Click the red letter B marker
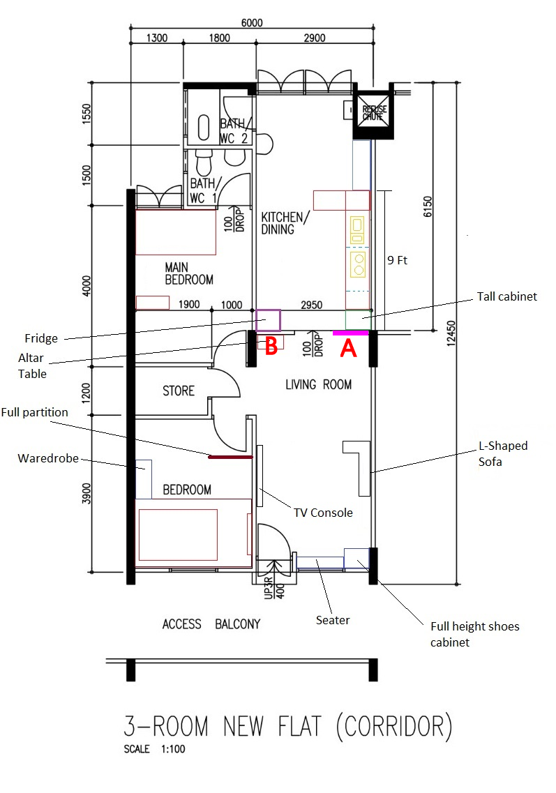pos(271,346)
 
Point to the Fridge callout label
pos(41,339)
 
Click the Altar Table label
pos(32,367)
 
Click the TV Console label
pos(322,513)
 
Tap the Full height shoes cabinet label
pos(474,634)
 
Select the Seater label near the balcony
pos(332,619)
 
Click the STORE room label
pos(179,391)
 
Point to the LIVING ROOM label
pos(319,384)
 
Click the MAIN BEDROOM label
pos(189,273)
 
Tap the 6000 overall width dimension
pos(252,22)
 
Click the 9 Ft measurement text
pos(398,261)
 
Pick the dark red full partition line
pos(230,457)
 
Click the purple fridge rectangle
pos(268,320)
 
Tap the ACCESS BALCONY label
pos(211,624)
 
